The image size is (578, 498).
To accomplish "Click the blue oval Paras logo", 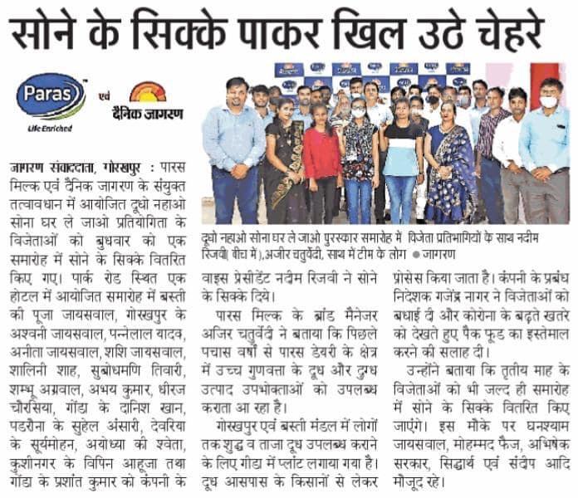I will pos(51,97).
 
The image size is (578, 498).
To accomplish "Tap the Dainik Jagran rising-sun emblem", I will pos(149,91).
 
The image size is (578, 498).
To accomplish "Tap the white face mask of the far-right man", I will pos(549,102).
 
